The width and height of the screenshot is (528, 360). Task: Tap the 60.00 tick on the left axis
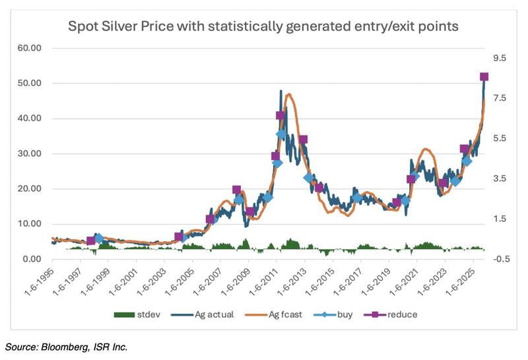pyautogui.click(x=28, y=48)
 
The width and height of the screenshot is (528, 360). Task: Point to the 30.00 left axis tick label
pyautogui.click(x=28, y=154)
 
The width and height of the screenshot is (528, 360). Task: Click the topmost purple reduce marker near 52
pyautogui.click(x=484, y=77)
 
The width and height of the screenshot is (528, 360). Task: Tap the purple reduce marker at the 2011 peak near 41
pyautogui.click(x=280, y=116)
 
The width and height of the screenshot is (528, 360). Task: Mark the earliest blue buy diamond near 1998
pyautogui.click(x=99, y=238)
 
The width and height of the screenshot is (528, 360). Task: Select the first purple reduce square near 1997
pyautogui.click(x=91, y=240)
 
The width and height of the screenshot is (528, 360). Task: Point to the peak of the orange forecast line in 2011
pyautogui.click(x=290, y=94)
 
